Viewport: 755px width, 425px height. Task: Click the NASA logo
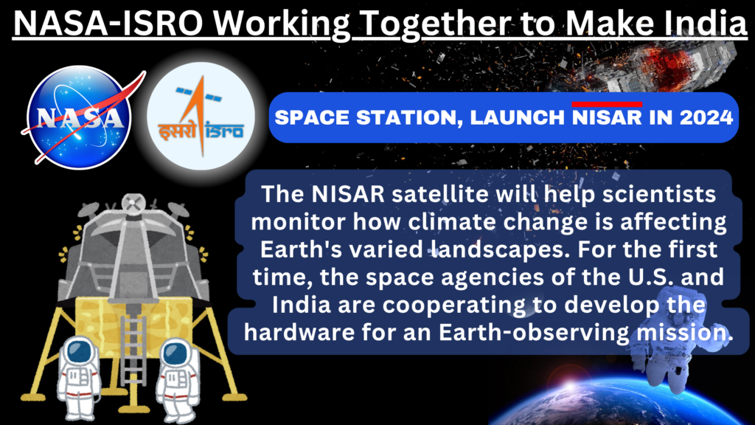80,117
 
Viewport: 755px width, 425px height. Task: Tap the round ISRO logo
201,116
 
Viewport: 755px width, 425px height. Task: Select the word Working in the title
282,23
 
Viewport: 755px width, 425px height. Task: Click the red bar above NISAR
608,104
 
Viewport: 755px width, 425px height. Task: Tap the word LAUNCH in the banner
517,117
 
